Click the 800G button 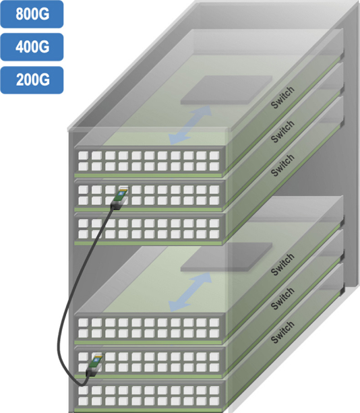[32, 14]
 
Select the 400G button [32, 47]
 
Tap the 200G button [32, 80]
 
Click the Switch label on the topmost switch [282, 98]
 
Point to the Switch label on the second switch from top [282, 131]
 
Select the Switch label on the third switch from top [282, 165]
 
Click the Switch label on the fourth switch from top [282, 265]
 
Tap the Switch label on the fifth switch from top [282, 298]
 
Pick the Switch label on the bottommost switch [282, 332]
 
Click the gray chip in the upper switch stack [227, 90]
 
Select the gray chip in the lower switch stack [227, 257]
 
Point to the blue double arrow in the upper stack [190, 125]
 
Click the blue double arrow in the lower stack [190, 292]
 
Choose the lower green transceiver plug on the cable [94, 364]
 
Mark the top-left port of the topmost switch [83, 156]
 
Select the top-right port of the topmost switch [214, 156]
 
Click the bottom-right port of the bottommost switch [214, 401]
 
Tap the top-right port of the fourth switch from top [214, 323]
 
